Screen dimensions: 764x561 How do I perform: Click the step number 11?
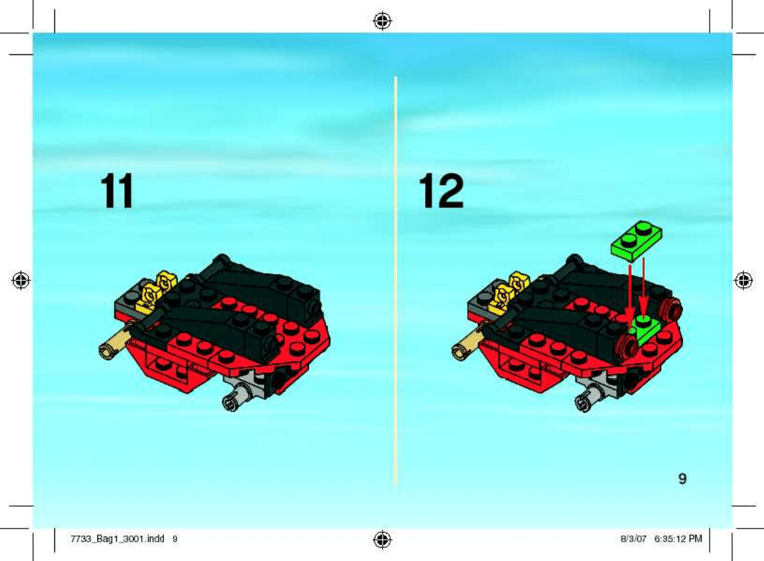tap(117, 190)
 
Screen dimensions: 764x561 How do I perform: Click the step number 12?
tap(441, 190)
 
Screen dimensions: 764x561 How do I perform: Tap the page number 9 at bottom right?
tap(682, 479)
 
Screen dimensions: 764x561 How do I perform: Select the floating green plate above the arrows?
tap(637, 241)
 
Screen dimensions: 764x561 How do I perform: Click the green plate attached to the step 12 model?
tap(645, 330)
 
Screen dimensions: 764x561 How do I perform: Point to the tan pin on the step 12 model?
tap(468, 344)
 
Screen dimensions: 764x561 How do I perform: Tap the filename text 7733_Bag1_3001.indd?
tap(117, 539)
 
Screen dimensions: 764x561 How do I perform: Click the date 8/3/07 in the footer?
tap(634, 539)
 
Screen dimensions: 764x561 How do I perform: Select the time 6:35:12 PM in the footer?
tap(678, 539)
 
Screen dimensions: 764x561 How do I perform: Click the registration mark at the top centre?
tap(383, 21)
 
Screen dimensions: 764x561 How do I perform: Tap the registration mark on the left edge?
tap(21, 280)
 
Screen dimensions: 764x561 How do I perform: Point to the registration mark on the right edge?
tap(743, 280)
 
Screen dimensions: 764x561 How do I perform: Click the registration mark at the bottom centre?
tap(383, 540)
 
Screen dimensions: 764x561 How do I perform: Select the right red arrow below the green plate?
tap(644, 287)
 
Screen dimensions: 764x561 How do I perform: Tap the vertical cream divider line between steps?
tap(396, 280)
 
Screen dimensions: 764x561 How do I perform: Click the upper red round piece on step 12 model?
tap(670, 308)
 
